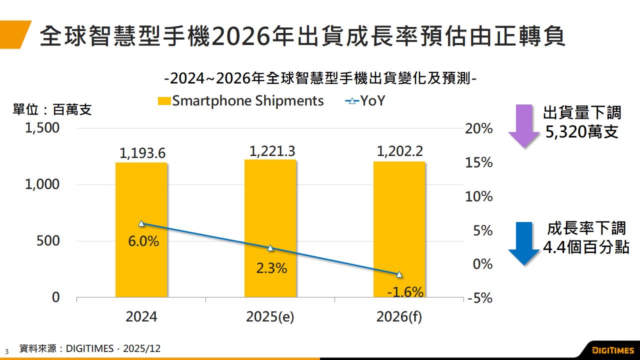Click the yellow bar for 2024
(141, 230)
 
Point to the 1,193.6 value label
(142, 154)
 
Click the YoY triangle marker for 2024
(141, 223)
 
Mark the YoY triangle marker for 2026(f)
(399, 274)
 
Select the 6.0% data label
(143, 241)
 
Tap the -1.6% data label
(405, 292)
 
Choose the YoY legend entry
(365, 101)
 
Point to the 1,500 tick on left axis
(42, 128)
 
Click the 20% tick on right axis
(479, 129)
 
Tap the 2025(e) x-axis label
(270, 317)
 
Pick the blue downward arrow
(523, 243)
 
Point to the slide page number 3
(7, 351)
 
